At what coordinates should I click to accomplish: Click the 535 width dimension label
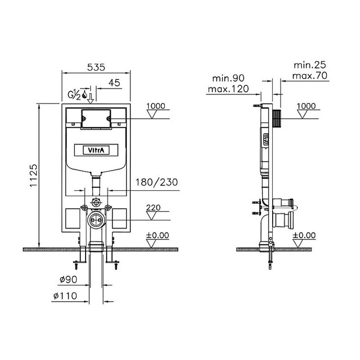(96, 67)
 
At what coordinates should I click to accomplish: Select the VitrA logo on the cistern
(96, 150)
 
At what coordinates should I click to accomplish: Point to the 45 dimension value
(114, 83)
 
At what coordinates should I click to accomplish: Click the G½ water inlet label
(74, 95)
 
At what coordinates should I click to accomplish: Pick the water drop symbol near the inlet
(85, 94)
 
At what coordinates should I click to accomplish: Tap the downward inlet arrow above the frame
(90, 98)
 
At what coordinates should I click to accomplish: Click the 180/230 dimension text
(157, 182)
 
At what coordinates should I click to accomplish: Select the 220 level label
(153, 207)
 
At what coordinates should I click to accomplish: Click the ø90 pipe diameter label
(68, 279)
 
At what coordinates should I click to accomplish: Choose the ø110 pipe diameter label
(65, 296)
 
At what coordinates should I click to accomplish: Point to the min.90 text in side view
(228, 78)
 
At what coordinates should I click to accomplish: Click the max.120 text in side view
(228, 89)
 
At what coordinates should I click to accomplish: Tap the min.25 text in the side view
(310, 65)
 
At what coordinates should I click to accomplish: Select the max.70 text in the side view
(310, 76)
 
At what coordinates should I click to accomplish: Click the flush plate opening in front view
(96, 118)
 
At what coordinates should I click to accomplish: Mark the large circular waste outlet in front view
(96, 220)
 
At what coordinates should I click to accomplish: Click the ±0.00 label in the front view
(157, 235)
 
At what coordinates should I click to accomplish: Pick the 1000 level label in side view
(306, 106)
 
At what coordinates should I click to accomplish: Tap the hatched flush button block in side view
(277, 118)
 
